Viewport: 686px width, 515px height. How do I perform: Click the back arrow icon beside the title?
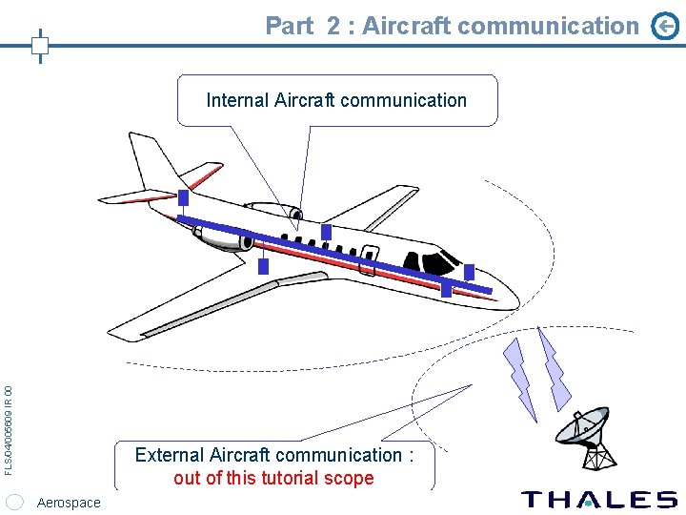point(665,28)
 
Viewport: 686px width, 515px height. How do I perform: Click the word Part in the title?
point(289,26)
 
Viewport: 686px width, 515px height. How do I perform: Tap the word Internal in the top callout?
point(237,100)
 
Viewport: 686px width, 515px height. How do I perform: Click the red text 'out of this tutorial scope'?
point(273,478)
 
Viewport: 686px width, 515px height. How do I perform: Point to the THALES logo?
point(599,499)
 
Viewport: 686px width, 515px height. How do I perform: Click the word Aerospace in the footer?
point(68,503)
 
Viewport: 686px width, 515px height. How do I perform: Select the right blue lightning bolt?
point(553,367)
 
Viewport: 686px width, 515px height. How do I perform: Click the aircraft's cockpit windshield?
point(440,259)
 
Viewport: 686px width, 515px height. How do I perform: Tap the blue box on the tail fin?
point(183,199)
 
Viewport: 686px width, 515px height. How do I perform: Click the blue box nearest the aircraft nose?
point(468,271)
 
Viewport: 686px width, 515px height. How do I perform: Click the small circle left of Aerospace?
point(14,503)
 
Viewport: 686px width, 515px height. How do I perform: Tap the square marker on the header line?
point(40,45)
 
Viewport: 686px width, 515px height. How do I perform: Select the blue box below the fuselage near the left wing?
point(264,266)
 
